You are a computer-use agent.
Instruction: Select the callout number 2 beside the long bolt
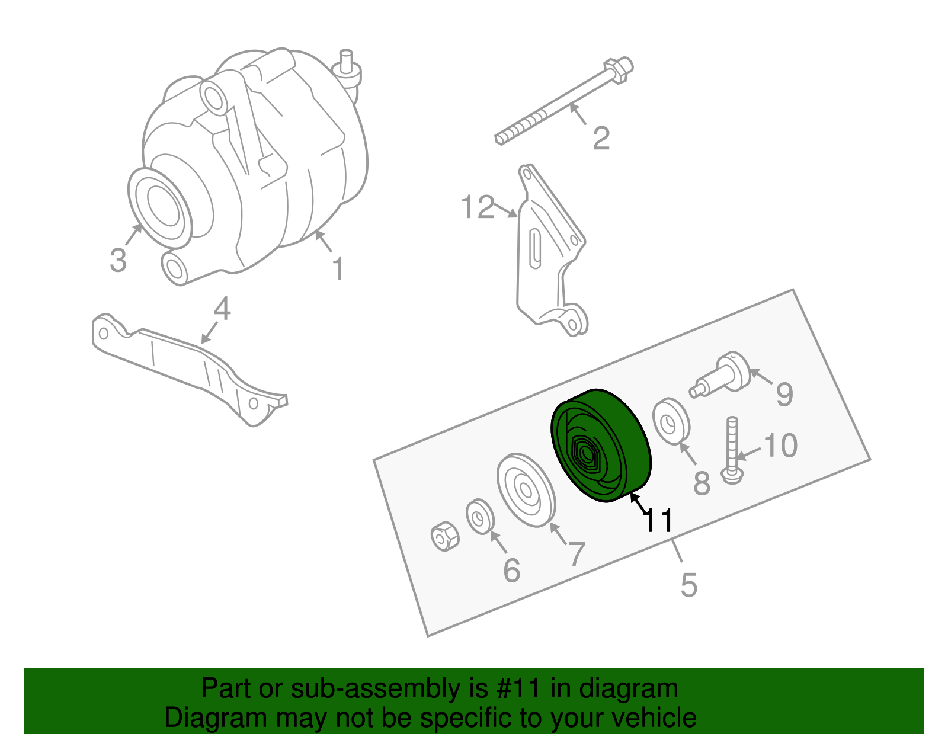(x=601, y=138)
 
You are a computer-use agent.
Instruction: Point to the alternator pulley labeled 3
(x=159, y=207)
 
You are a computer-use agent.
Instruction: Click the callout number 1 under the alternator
(x=338, y=269)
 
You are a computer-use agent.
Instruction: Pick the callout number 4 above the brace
(x=222, y=309)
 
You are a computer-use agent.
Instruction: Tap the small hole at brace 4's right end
(x=254, y=403)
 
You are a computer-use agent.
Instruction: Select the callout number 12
(x=478, y=207)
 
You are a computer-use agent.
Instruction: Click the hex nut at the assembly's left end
(x=444, y=536)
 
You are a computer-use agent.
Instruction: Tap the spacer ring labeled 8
(x=671, y=421)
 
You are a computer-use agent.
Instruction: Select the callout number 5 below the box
(x=688, y=585)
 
